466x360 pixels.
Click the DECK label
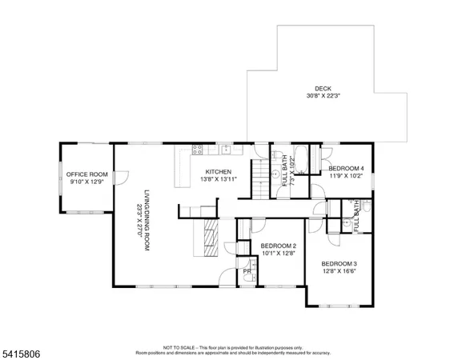(x=323, y=88)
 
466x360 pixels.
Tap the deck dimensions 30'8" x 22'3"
(x=323, y=96)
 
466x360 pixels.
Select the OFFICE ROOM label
(x=86, y=174)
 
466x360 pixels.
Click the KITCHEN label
(x=218, y=171)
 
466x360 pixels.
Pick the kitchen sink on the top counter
(x=227, y=150)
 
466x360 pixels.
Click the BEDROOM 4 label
(x=346, y=168)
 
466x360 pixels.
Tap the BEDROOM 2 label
(x=279, y=246)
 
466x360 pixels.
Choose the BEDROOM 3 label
(x=339, y=264)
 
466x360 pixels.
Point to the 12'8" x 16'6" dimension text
(x=339, y=272)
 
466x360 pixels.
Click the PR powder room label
(x=247, y=272)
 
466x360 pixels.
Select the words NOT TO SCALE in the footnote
(x=177, y=347)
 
